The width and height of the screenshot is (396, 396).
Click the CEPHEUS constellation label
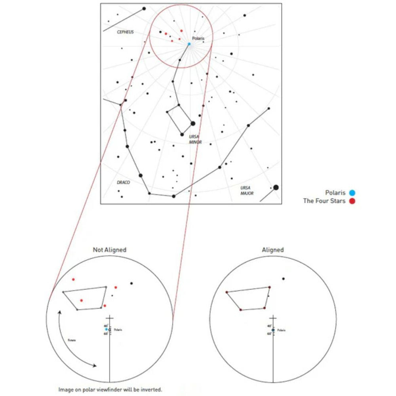click(125, 32)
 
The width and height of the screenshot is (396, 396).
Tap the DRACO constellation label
click(123, 183)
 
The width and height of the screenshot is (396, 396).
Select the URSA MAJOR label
click(247, 190)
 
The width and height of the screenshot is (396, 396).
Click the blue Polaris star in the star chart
click(189, 44)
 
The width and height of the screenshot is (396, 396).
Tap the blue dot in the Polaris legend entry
click(352, 193)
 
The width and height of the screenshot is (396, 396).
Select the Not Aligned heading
click(109, 250)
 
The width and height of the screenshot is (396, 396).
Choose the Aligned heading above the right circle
click(273, 250)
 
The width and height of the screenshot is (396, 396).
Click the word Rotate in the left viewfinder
click(71, 340)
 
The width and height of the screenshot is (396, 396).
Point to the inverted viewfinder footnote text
click(110, 390)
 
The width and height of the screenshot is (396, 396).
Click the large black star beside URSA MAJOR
click(276, 187)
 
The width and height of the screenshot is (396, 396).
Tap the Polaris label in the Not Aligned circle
click(118, 329)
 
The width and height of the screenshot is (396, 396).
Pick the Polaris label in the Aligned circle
click(281, 330)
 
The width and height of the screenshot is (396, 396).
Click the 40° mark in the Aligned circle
click(269, 326)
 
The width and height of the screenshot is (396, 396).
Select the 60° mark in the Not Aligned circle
click(106, 334)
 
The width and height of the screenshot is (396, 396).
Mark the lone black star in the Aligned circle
click(284, 279)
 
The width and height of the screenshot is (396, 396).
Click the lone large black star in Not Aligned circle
click(131, 283)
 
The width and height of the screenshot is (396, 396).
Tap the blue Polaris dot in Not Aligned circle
click(106, 329)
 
